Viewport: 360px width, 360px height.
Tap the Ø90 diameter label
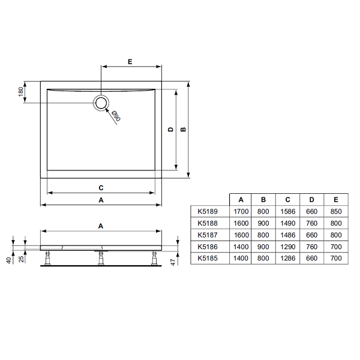116,116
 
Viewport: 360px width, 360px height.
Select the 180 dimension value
20,92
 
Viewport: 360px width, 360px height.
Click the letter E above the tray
130,62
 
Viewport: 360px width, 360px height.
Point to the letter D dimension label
170,129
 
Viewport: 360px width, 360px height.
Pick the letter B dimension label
183,129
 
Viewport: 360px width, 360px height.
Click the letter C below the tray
101,188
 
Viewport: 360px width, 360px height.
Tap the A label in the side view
101,226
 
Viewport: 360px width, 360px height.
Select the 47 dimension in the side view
173,262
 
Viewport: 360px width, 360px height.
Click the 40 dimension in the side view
8,260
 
